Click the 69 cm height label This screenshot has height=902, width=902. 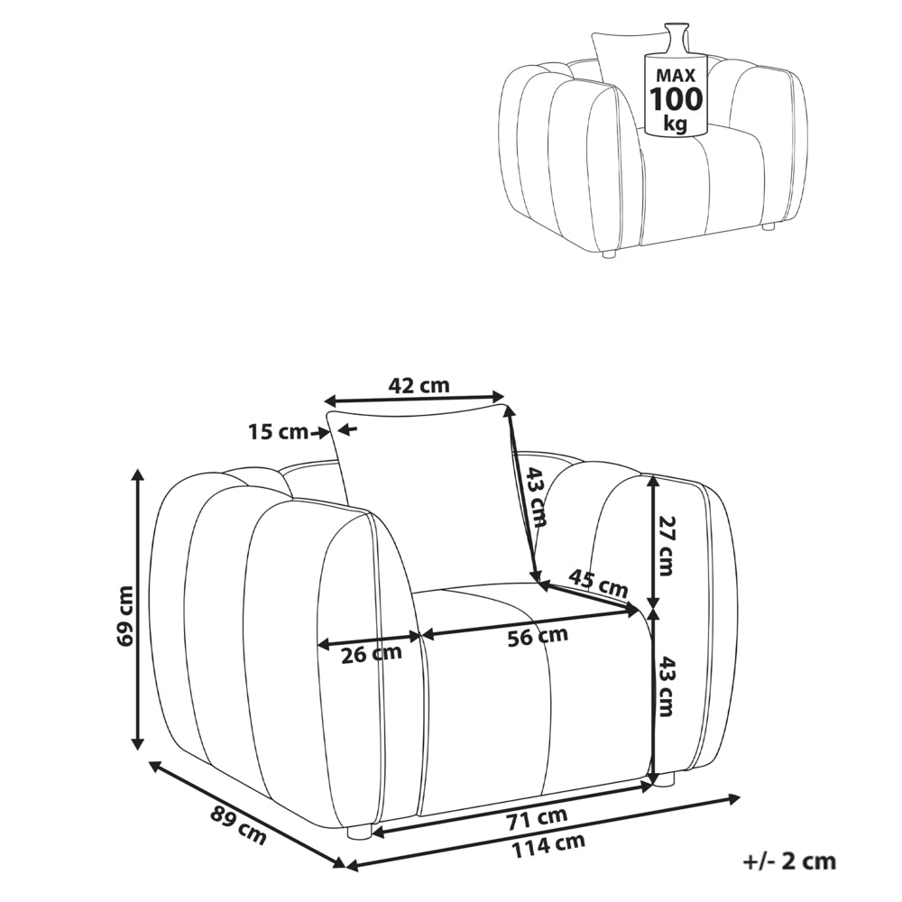click(x=124, y=615)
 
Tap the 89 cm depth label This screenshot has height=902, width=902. click(x=238, y=826)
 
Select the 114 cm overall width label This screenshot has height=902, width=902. click(x=548, y=845)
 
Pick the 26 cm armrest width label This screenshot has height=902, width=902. click(x=371, y=653)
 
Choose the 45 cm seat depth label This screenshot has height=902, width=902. click(x=598, y=584)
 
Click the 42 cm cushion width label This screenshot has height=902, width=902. click(x=419, y=385)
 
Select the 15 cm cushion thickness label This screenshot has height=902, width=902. click(x=279, y=431)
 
